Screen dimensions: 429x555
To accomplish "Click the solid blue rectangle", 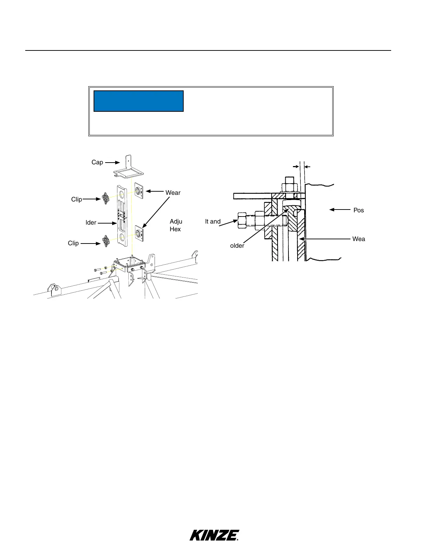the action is pyautogui.click(x=138, y=101).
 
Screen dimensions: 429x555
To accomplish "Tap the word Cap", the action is pyautogui.click(x=97, y=162).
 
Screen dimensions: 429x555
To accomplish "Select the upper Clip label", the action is pyautogui.click(x=76, y=199).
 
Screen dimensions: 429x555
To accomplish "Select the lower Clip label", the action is pyautogui.click(x=73, y=243).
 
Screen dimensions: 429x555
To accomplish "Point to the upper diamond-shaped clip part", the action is pyautogui.click(x=106, y=199).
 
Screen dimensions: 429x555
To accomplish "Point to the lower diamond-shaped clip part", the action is pyautogui.click(x=106, y=241).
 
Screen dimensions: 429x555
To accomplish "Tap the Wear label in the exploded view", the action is pyautogui.click(x=173, y=192).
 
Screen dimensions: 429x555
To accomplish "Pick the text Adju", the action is pyautogui.click(x=176, y=221).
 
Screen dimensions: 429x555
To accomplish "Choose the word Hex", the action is pyautogui.click(x=175, y=229).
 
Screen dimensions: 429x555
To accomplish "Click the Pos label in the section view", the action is pyautogui.click(x=358, y=210).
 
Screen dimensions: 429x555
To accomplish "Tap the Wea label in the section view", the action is pyautogui.click(x=359, y=239).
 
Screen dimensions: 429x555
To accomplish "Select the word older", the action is pyautogui.click(x=237, y=246).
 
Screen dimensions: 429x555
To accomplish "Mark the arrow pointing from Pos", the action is pyautogui.click(x=339, y=210).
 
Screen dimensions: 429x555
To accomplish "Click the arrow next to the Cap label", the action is pyautogui.click(x=113, y=162).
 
